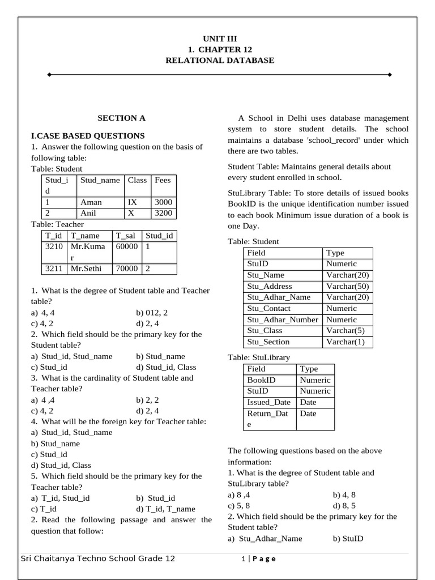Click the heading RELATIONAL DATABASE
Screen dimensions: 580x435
tap(219, 60)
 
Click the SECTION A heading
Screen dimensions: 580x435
tap(121, 118)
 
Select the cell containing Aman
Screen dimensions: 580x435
tap(91, 202)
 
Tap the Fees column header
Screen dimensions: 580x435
tap(163, 180)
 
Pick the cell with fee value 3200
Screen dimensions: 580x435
tap(163, 214)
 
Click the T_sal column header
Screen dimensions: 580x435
tap(127, 236)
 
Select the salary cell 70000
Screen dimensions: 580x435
tap(127, 268)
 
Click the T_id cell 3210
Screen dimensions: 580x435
tap(54, 247)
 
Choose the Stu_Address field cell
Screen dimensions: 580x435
tap(270, 286)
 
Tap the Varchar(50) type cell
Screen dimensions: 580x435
tap(347, 286)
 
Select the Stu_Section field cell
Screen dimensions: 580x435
tap(268, 342)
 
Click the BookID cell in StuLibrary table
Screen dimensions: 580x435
tap(262, 380)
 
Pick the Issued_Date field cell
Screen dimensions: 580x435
tap(268, 402)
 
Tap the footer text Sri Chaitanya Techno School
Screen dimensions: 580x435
tap(97, 558)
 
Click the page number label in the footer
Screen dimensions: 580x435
tap(258, 559)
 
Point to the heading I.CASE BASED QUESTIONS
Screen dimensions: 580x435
tap(88, 135)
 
